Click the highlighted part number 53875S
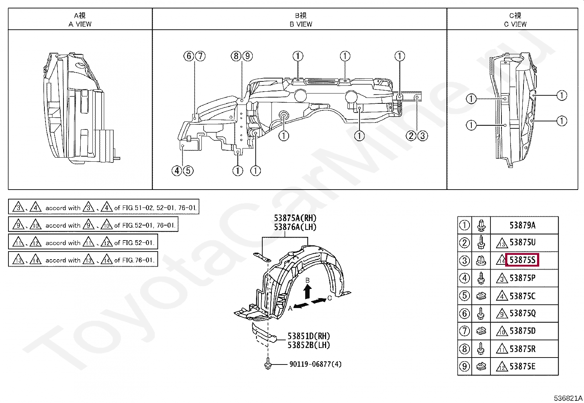[522, 260]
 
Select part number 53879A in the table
[522, 225]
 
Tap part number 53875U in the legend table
[522, 243]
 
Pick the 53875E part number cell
[522, 366]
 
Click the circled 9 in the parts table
[465, 366]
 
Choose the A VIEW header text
[80, 24]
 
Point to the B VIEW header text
[301, 24]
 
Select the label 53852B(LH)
[309, 345]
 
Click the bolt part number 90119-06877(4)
[315, 364]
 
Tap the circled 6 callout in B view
[189, 56]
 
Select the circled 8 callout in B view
[236, 56]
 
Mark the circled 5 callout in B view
[188, 171]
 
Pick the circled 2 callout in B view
[411, 136]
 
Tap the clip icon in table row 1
[481, 225]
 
